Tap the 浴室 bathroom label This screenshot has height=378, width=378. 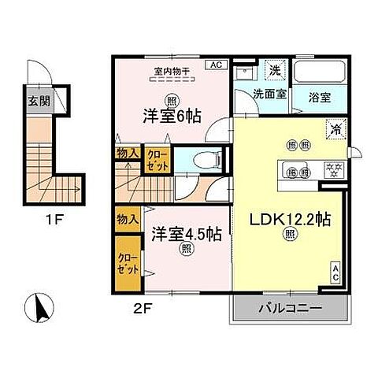(x=318, y=92)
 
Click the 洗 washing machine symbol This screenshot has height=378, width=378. (x=275, y=70)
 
